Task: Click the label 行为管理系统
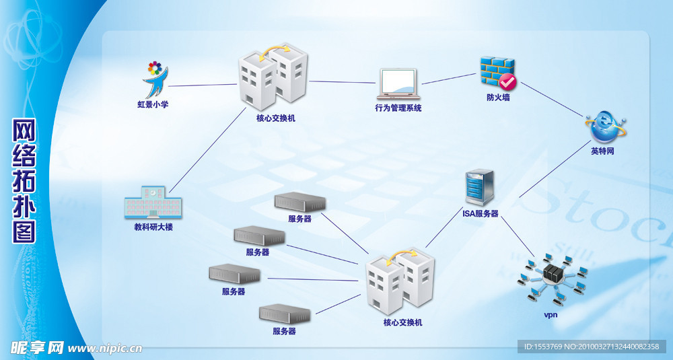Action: pos(398,108)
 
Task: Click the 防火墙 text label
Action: pos(498,97)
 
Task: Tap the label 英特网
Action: pos(602,151)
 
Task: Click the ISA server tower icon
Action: pos(480,188)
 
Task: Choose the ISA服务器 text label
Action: pos(480,213)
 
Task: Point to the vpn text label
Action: pos(551,314)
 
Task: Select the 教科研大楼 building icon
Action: pos(153,202)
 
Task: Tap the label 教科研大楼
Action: pos(153,227)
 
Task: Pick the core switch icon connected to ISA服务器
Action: pos(400,281)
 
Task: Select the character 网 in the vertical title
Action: pos(24,131)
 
